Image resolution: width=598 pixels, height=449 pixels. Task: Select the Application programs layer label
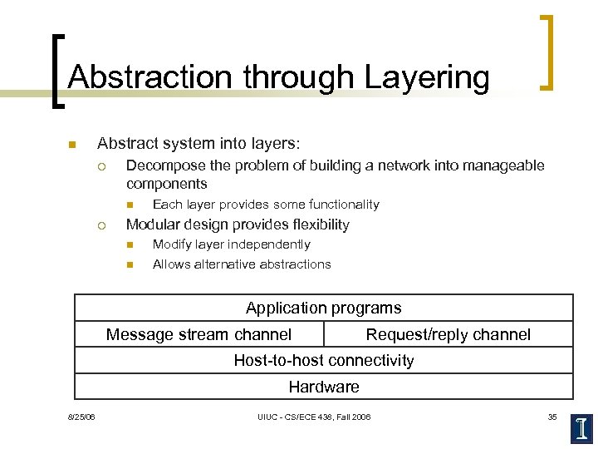click(323, 308)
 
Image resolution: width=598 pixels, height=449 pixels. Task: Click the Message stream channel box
click(199, 334)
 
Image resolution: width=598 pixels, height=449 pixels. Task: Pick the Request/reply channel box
click(448, 334)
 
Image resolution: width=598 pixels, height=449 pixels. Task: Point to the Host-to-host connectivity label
click(323, 360)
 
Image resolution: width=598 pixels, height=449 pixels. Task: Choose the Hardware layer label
click(323, 387)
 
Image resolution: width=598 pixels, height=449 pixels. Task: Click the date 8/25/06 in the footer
click(81, 417)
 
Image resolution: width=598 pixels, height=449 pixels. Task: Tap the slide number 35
click(552, 417)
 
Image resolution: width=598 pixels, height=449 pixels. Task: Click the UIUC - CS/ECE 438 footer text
click(314, 417)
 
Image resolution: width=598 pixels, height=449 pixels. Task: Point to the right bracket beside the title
click(547, 52)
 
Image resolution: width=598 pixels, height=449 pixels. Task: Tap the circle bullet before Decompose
click(100, 165)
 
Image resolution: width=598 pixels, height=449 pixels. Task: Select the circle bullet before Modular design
click(100, 225)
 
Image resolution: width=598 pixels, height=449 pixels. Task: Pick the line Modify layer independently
click(231, 244)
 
